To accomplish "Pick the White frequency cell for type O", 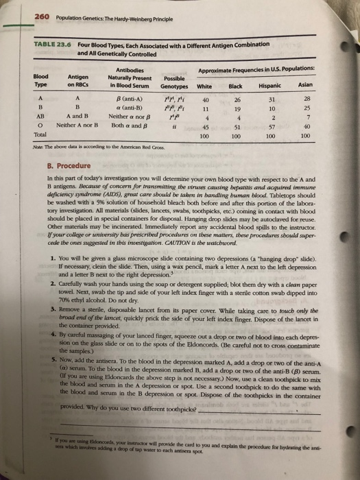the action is point(205,128).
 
